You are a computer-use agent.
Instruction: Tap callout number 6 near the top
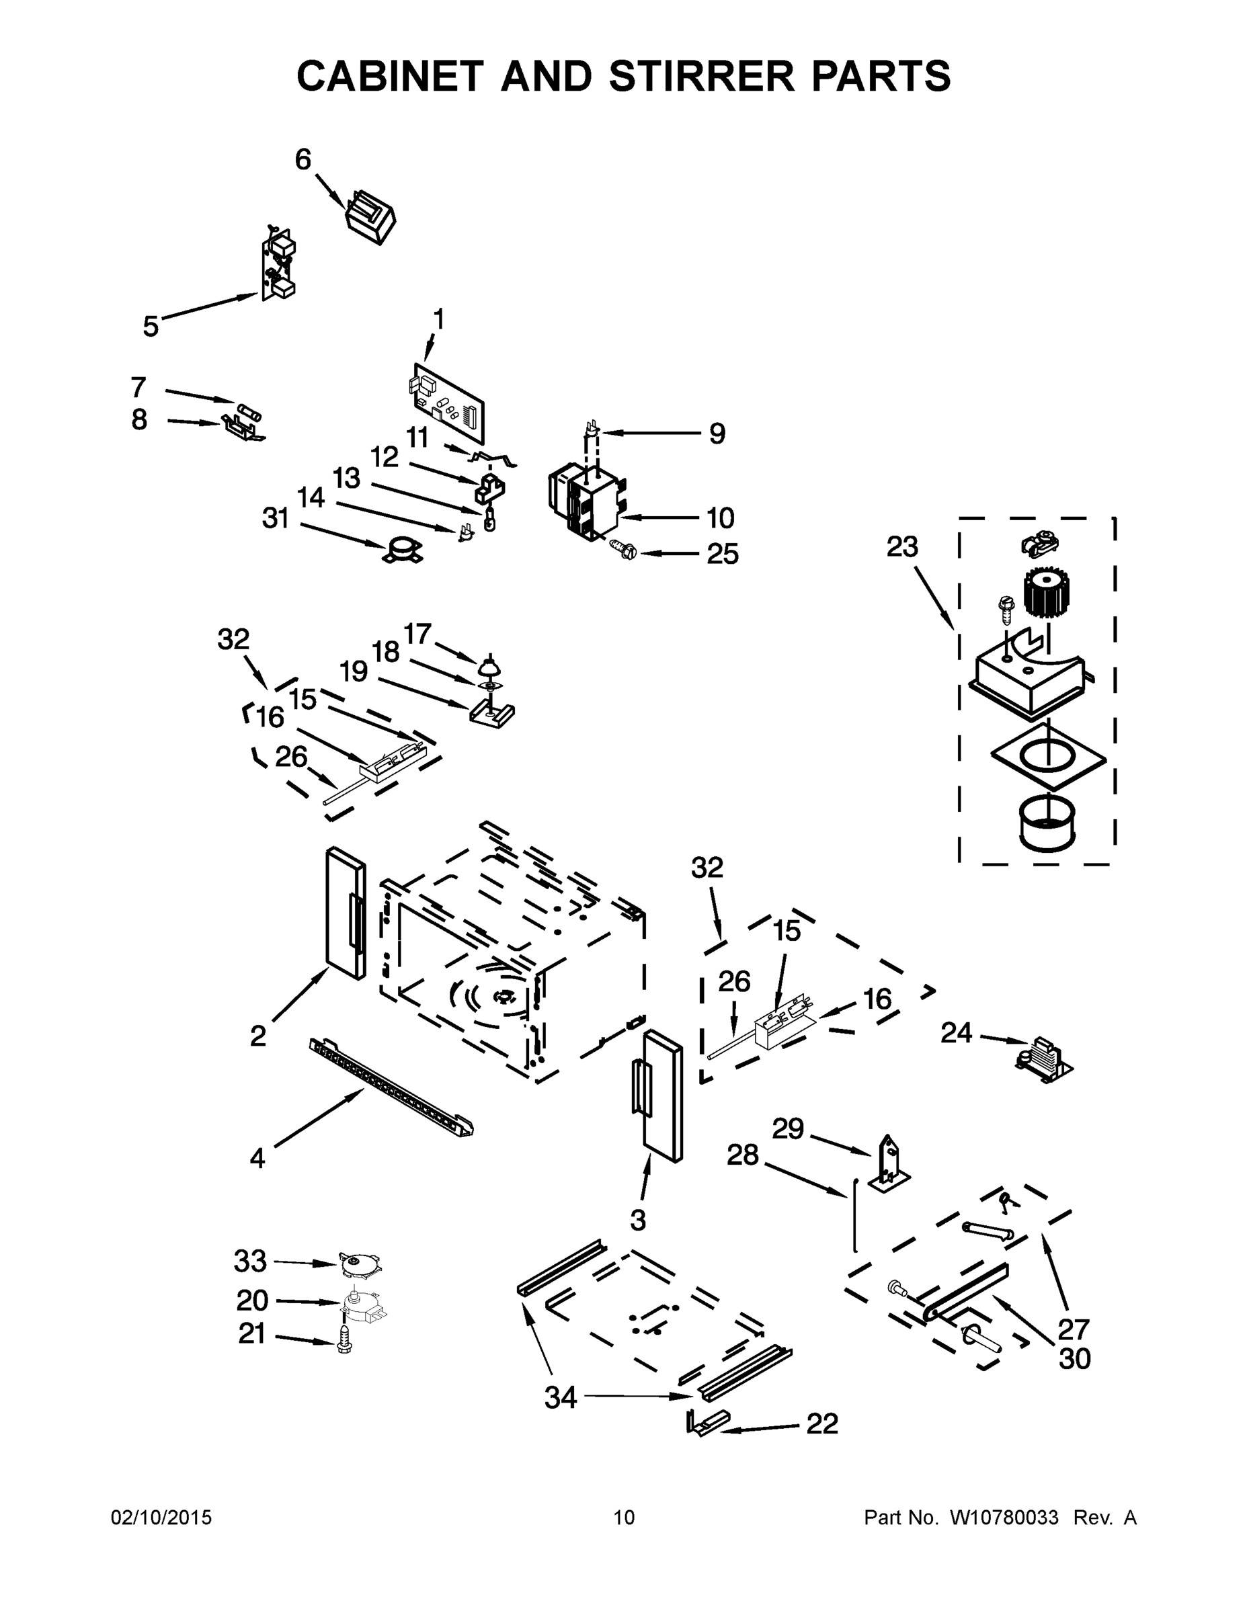point(303,159)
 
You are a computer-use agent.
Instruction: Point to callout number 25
point(722,554)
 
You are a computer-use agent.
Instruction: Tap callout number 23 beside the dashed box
point(902,546)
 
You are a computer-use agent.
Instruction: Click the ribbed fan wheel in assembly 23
point(1047,591)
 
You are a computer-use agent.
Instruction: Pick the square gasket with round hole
point(1048,757)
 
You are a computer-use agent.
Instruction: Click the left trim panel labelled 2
point(346,913)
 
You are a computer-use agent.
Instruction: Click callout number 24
point(956,1032)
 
